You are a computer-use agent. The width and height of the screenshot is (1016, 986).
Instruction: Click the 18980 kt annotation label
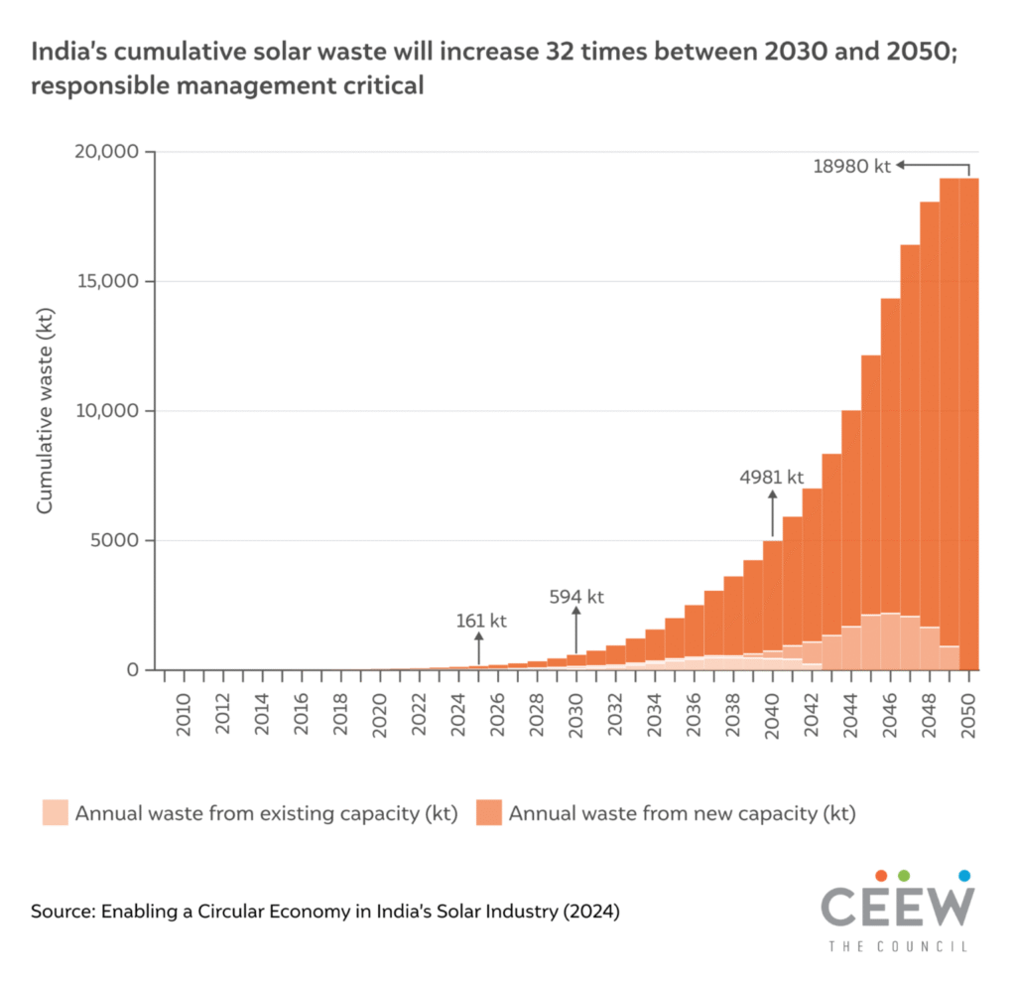pos(852,167)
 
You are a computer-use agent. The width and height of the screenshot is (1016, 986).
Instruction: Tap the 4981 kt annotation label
pos(771,478)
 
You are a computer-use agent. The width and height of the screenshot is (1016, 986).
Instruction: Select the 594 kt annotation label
pos(576,597)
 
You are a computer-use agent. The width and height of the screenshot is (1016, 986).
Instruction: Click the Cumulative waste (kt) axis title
pos(45,411)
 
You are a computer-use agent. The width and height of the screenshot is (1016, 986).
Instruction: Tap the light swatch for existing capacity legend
pos(55,813)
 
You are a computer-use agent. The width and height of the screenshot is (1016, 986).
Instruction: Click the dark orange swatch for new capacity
pos(488,813)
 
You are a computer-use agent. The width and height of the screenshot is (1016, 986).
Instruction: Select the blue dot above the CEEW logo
pos(964,875)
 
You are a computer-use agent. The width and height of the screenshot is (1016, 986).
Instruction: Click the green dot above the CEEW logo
pos(904,875)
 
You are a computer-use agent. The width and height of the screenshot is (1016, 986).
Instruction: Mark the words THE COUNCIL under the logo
pos(898,947)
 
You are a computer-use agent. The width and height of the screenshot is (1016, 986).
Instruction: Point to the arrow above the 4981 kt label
pos(772,511)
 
